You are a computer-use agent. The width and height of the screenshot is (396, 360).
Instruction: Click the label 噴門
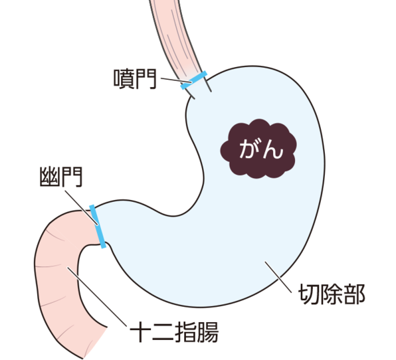[135, 79]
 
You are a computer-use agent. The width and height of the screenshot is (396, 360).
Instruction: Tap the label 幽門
[61, 177]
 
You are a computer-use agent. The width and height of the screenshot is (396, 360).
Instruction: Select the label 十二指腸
[174, 331]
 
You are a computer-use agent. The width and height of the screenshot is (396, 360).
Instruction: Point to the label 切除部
[332, 294]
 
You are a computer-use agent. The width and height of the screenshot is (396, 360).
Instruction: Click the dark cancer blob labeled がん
[258, 149]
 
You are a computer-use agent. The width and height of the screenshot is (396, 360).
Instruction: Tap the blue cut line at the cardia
[194, 80]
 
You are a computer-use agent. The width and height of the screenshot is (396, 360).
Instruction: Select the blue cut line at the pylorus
[98, 226]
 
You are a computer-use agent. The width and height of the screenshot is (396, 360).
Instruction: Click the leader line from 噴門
[176, 80]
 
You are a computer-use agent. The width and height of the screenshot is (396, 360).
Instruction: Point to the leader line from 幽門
[81, 207]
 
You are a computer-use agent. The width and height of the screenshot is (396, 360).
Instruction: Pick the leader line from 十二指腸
[96, 297]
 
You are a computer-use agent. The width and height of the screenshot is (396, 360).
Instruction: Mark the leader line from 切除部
[278, 277]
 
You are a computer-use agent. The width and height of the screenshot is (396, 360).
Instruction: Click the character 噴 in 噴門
[124, 79]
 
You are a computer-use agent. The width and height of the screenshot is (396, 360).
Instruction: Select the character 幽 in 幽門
[50, 177]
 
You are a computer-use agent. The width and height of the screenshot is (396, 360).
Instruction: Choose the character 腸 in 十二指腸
[207, 331]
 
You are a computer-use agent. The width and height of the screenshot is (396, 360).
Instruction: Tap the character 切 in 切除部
[309, 294]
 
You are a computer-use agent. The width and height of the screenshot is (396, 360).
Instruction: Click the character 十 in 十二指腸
[140, 331]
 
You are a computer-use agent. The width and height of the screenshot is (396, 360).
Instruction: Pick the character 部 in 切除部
[355, 294]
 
